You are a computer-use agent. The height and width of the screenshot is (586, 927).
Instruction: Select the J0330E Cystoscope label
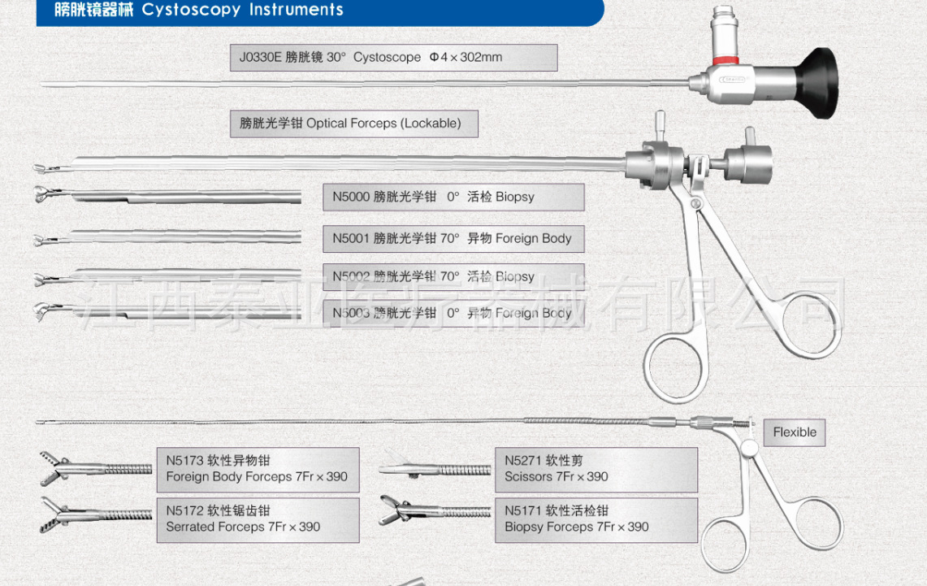[x=393, y=58]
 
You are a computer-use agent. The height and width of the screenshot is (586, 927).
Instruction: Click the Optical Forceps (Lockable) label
[x=353, y=124]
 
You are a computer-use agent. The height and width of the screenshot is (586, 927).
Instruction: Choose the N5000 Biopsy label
[x=453, y=197]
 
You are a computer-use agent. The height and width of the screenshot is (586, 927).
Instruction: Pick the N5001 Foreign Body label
[x=453, y=239]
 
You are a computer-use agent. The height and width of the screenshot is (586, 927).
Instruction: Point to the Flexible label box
[x=794, y=432]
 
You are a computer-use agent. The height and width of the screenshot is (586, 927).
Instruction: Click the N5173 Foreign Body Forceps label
[x=258, y=469]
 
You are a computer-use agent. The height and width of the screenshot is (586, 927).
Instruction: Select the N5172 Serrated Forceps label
[x=258, y=519]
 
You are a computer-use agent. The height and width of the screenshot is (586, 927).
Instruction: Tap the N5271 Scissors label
[x=596, y=469]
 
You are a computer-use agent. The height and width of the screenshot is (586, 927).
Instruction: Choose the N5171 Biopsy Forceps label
[x=596, y=519]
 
